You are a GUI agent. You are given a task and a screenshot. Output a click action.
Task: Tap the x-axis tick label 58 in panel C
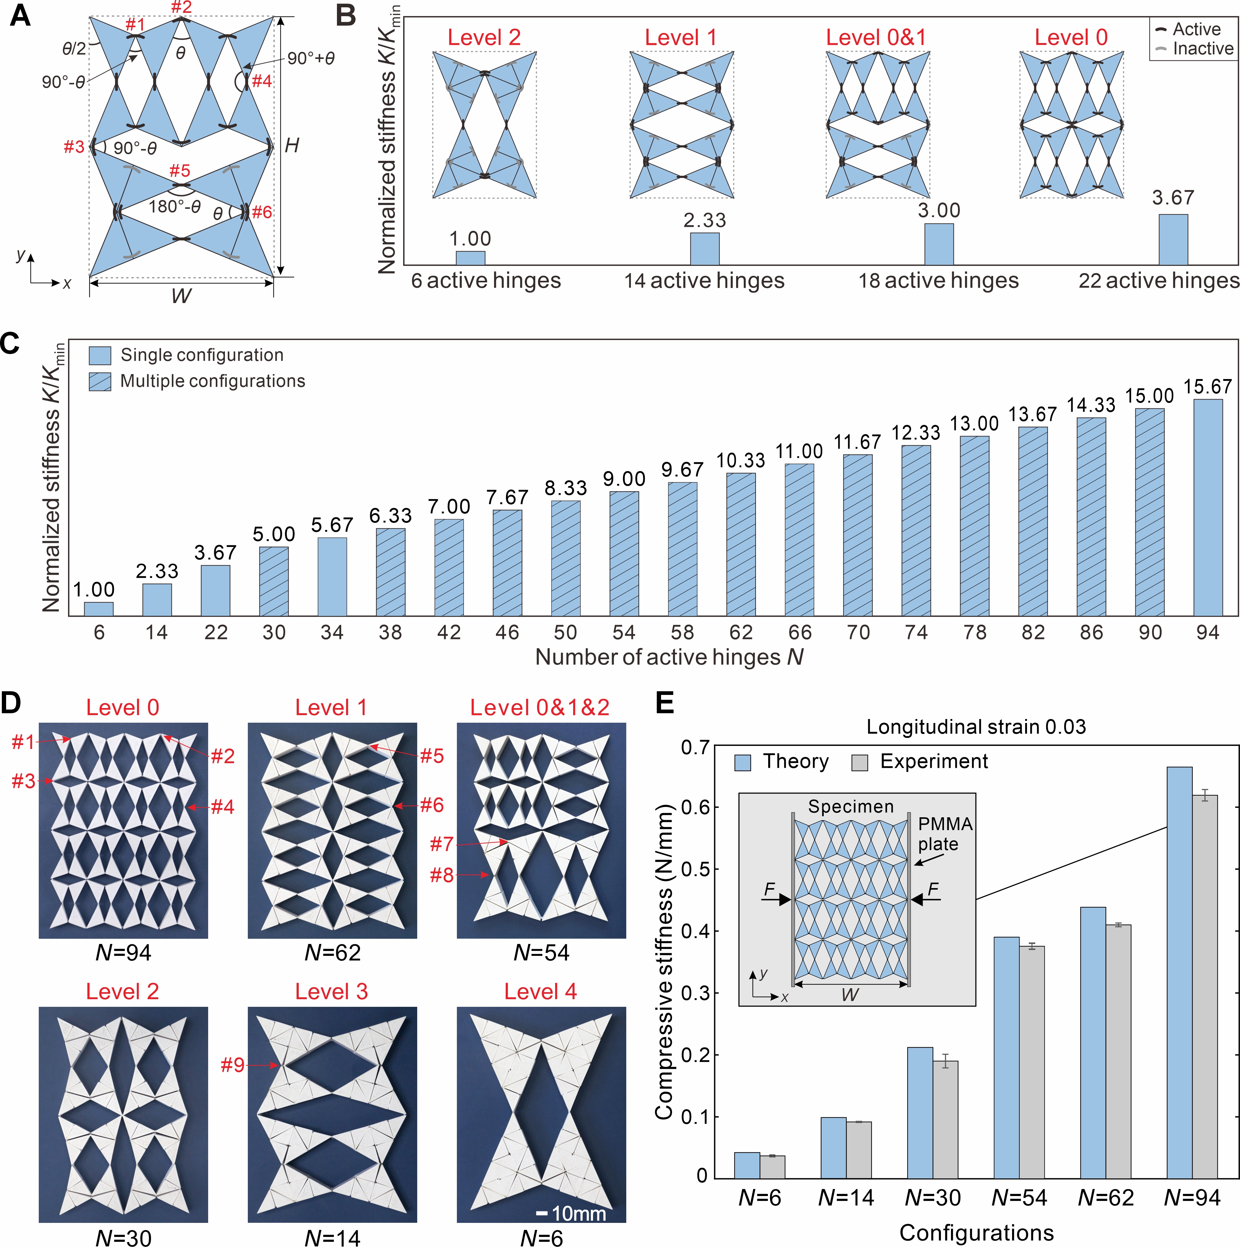point(682,633)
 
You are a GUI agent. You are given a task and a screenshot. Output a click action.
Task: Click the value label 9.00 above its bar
point(624,479)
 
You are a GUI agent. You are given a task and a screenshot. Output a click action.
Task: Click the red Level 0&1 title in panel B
point(876,38)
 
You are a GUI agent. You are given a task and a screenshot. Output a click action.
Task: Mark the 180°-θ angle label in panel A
point(174,207)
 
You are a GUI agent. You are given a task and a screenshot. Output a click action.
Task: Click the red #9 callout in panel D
point(232,1065)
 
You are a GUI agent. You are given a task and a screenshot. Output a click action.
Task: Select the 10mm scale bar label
point(579,1214)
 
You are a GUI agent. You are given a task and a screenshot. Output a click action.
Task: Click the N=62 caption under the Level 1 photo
point(332,953)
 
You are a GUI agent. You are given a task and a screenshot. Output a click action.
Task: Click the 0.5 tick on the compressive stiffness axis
point(694,869)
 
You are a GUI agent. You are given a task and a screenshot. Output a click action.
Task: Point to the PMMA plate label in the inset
point(945,834)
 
